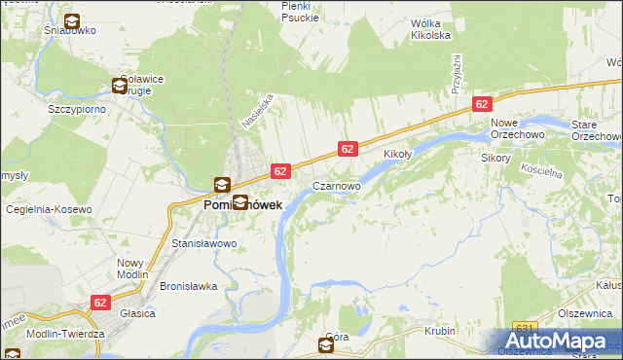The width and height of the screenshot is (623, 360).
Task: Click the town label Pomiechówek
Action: [242, 206]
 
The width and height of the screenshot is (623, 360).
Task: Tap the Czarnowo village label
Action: [337, 185]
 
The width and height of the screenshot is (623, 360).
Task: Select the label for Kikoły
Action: [399, 155]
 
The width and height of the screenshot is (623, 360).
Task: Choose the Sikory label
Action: [495, 157]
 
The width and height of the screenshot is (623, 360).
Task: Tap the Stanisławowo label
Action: [204, 243]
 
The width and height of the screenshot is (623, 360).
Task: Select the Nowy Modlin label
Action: [130, 269]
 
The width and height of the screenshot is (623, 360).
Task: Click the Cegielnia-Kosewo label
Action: [49, 209]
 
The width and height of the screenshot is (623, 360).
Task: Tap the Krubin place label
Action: [440, 332]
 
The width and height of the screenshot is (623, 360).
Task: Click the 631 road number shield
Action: [526, 328]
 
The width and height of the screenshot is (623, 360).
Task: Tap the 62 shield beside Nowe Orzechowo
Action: [481, 104]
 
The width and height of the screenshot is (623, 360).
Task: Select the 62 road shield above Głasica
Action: [100, 303]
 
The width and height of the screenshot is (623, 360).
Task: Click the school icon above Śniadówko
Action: [71, 21]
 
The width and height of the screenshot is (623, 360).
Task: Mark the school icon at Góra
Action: [326, 346]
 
